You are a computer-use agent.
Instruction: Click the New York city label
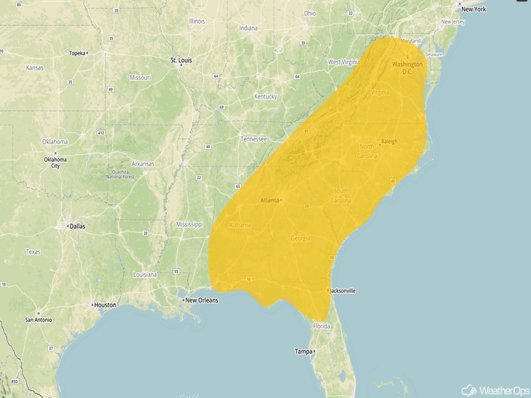click(473, 9)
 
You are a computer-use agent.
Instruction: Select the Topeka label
click(76, 53)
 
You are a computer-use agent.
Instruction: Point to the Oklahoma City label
click(55, 163)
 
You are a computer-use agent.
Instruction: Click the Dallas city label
click(77, 226)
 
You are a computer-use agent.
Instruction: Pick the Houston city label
click(105, 305)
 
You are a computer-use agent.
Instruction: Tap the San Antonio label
click(38, 320)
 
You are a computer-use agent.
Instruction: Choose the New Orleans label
click(201, 300)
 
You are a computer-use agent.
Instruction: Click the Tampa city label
click(303, 352)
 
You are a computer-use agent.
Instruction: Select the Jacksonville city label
click(343, 291)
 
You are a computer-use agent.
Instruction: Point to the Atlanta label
click(271, 200)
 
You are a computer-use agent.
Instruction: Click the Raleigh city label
click(389, 141)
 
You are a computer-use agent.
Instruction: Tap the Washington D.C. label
click(407, 68)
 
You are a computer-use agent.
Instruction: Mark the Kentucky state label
click(265, 97)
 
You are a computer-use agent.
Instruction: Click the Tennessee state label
click(254, 139)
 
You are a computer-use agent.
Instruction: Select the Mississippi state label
click(189, 224)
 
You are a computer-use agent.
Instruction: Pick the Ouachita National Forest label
click(120, 174)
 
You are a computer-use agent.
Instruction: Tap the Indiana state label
click(248, 28)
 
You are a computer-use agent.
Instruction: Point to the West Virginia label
click(343, 62)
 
